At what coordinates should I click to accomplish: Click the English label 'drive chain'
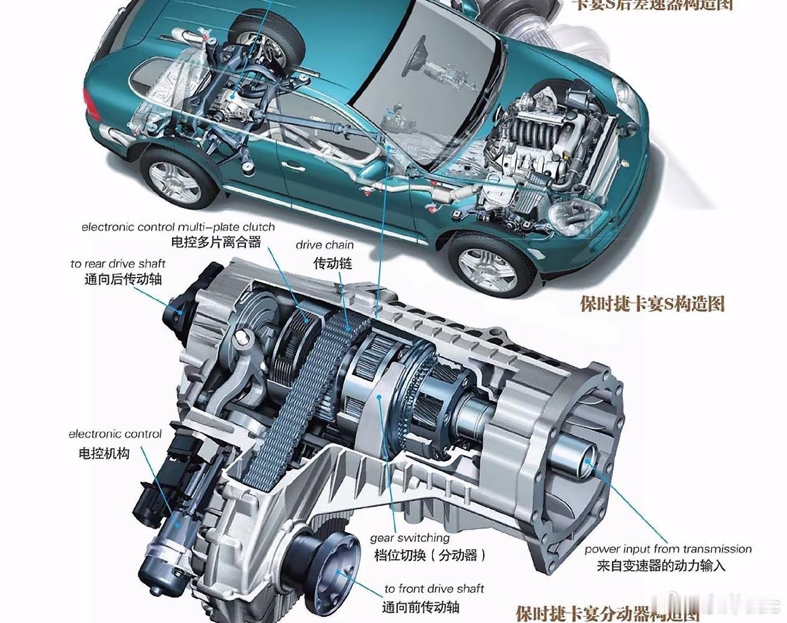(324, 245)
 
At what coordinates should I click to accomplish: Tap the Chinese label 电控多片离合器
(216, 243)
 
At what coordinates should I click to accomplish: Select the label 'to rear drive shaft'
(117, 264)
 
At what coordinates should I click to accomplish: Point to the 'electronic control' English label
(115, 434)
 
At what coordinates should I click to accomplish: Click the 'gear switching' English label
(410, 538)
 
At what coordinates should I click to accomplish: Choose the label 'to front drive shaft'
(434, 589)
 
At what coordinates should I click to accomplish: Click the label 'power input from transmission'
(668, 549)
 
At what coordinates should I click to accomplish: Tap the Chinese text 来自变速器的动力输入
(661, 565)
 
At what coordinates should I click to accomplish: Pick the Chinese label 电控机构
(104, 453)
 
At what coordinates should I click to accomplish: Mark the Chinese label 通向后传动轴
(123, 279)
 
